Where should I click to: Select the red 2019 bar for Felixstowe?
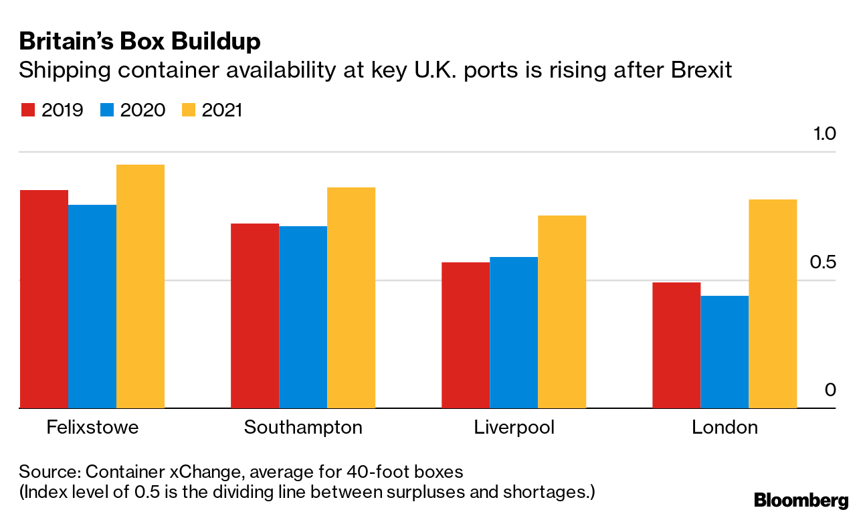tap(44, 299)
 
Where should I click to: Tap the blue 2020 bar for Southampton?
tap(303, 317)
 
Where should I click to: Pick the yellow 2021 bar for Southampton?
tap(351, 298)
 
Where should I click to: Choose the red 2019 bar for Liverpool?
tap(466, 335)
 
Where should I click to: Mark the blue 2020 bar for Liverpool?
tap(514, 333)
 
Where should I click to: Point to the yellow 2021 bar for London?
tap(773, 304)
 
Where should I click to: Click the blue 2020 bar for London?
tap(725, 352)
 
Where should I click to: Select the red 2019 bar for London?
tap(676, 345)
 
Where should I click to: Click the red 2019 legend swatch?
tap(27, 110)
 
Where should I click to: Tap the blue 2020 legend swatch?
tap(107, 110)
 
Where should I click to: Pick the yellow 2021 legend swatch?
tap(188, 110)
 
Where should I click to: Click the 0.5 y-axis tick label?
tap(822, 262)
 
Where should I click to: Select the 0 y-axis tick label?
tap(830, 390)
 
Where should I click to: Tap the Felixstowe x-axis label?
tap(92, 428)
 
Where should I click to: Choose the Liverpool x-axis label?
tap(514, 428)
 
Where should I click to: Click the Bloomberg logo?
tap(801, 500)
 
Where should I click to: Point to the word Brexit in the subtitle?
tap(700, 70)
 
